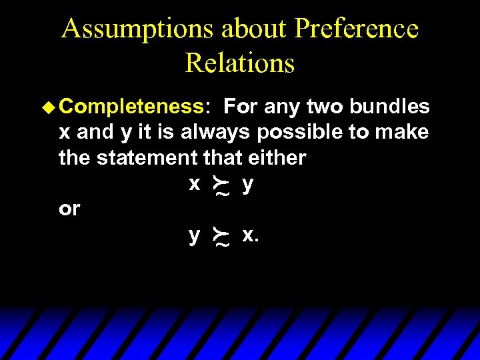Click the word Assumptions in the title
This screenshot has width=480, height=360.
(135, 29)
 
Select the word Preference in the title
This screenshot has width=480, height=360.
(357, 29)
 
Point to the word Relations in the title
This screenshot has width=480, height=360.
(239, 63)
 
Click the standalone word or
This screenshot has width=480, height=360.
(69, 209)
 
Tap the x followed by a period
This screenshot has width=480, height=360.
(249, 235)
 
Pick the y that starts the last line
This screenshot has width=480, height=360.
(194, 236)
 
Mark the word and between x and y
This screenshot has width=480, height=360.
(95, 132)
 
